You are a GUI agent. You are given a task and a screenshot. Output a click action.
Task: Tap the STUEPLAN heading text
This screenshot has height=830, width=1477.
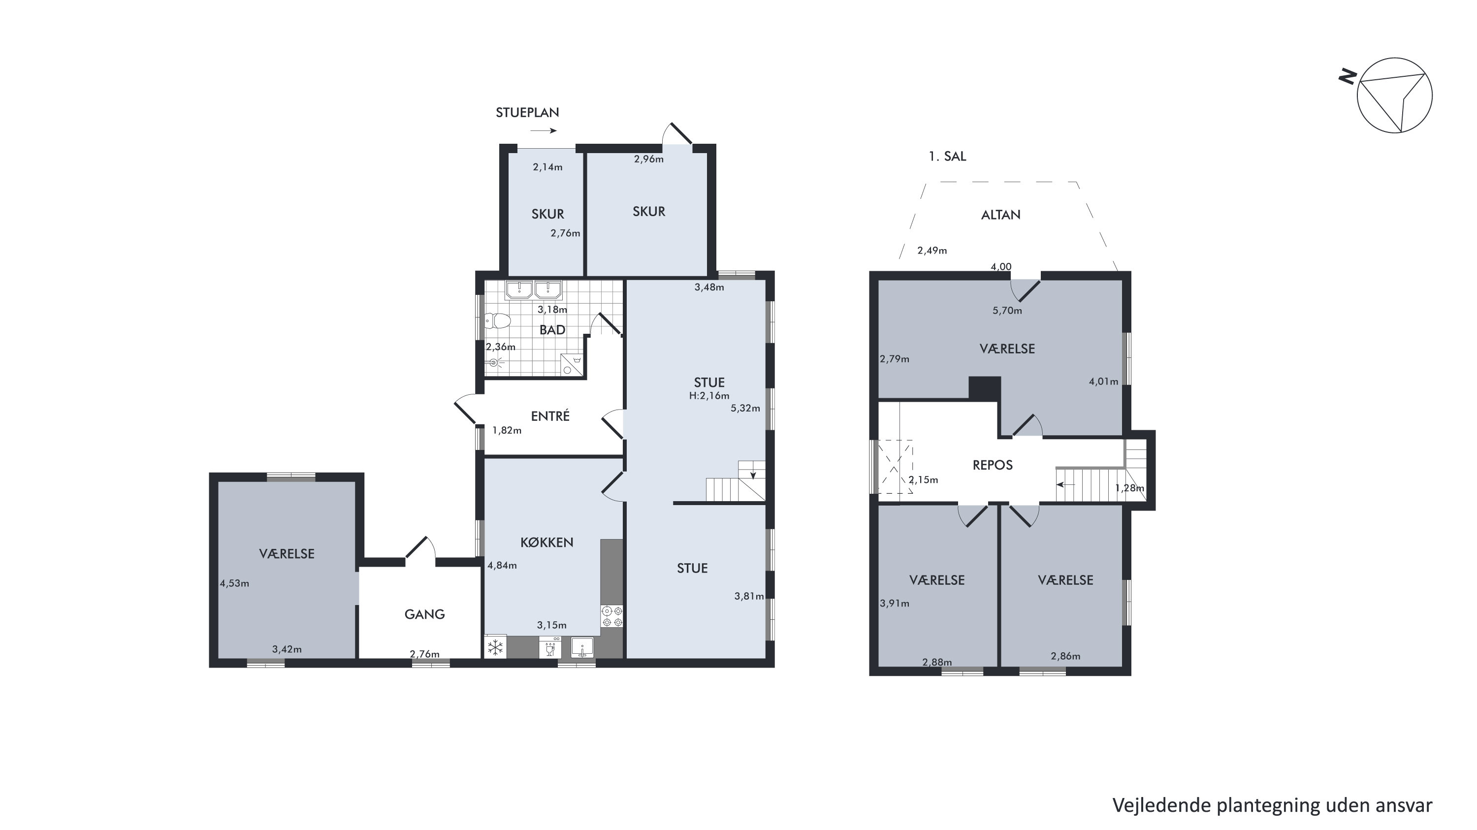527,112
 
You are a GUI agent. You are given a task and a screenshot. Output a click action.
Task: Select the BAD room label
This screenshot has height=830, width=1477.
552,330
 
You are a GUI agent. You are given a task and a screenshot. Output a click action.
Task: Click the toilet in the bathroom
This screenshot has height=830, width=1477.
497,321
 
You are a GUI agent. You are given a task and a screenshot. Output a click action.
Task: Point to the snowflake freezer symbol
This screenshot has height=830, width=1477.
495,648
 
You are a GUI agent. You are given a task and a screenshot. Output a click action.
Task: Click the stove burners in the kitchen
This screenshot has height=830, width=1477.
612,616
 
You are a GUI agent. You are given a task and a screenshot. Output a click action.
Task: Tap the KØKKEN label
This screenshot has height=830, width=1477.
546,542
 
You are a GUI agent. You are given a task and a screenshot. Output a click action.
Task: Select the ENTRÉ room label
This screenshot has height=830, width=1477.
550,415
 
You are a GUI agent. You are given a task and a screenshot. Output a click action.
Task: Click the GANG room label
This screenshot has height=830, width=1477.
424,614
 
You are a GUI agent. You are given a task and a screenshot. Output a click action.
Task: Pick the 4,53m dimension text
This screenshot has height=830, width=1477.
234,583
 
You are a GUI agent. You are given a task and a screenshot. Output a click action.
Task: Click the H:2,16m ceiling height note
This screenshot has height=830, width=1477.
709,395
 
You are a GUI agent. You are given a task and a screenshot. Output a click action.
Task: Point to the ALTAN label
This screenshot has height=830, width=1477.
1000,215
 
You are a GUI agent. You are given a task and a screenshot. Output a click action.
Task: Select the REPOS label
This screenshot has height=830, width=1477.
993,465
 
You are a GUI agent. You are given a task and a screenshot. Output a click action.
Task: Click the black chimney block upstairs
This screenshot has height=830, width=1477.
985,387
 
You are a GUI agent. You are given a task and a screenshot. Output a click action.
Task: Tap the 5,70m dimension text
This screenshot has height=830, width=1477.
1007,311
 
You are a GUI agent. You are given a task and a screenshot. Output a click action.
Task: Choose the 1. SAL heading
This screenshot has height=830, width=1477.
947,157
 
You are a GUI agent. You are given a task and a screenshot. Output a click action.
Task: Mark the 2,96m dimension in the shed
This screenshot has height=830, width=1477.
648,159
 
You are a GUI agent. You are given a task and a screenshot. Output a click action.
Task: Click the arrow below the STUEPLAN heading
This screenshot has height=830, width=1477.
543,130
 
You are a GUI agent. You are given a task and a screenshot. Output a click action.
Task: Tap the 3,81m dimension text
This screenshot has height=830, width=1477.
749,596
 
